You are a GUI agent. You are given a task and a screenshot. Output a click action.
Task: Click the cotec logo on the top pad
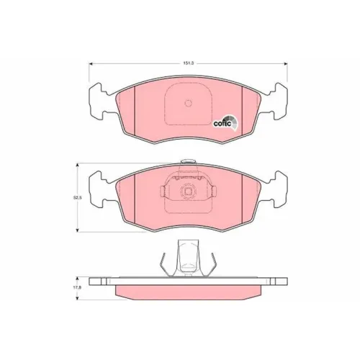pos(225,123)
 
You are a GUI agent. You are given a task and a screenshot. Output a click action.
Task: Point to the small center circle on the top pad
pos(189,103)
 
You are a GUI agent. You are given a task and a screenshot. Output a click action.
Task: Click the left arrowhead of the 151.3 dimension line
pos(91,64)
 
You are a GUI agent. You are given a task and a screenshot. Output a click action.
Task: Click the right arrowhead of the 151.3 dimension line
pos(286,64)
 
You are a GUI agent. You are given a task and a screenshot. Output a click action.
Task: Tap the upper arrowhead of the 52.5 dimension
pos(77,165)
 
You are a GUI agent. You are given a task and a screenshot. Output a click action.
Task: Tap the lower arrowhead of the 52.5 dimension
pos(77,230)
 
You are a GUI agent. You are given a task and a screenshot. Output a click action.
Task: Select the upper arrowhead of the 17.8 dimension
pos(77,279)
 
